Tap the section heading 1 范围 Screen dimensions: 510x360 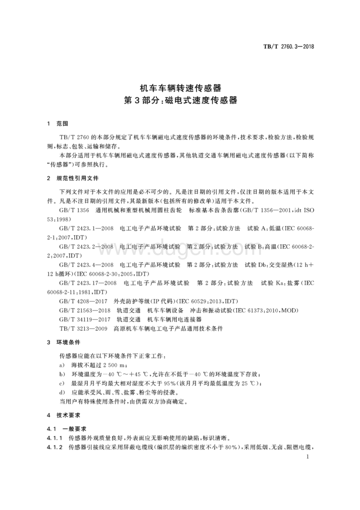coord(57,123)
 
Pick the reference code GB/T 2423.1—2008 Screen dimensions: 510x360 coord(85,229)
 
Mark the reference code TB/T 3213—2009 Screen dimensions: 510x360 coord(82,329)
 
